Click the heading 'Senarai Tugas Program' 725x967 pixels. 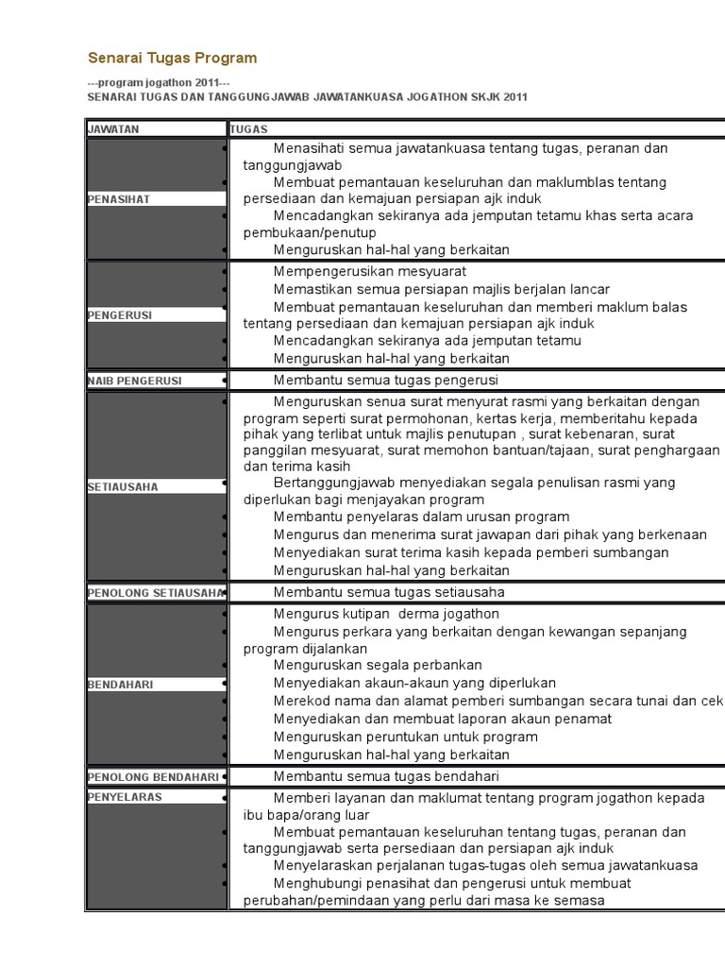point(172,59)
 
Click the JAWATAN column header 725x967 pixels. point(113,129)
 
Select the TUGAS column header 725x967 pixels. point(249,129)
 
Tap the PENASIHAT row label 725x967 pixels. point(119,199)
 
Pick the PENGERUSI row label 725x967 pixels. point(120,314)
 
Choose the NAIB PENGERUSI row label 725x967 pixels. point(135,381)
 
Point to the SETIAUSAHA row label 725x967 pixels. point(123,486)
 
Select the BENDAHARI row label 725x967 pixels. point(121,683)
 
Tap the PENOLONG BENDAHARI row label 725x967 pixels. point(153,776)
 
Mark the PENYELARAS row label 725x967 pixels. point(125,797)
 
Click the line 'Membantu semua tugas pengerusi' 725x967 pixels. point(385,381)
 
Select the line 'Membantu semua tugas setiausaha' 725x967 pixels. point(389,592)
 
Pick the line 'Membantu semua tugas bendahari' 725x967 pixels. point(386,776)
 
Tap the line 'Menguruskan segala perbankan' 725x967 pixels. point(378,665)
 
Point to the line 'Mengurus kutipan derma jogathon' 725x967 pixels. point(386,614)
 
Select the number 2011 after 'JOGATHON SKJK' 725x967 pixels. point(514,96)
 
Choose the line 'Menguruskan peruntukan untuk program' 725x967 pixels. point(405,737)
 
